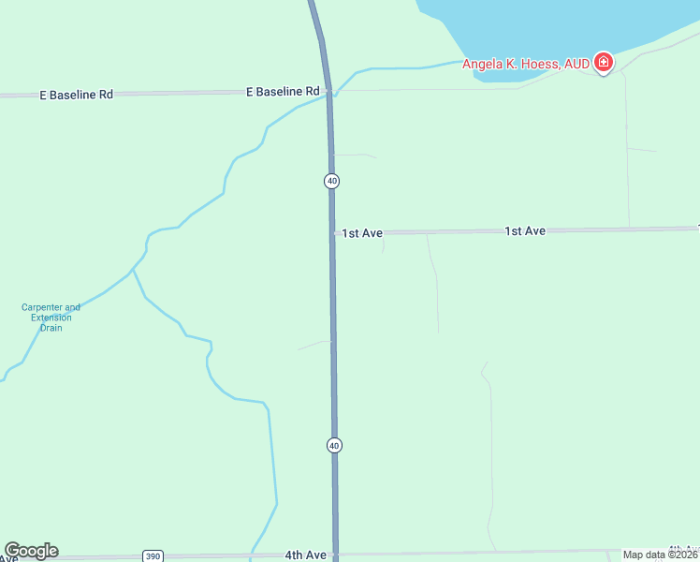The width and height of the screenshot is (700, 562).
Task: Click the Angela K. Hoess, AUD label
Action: tap(525, 64)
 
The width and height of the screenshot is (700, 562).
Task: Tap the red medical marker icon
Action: tap(604, 64)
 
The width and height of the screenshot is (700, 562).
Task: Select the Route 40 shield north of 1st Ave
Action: tap(331, 180)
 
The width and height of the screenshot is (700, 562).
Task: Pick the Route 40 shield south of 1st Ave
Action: tap(334, 445)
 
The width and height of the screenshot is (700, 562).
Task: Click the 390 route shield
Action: tap(153, 556)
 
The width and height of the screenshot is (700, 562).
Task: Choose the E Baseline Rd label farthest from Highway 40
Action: tap(76, 95)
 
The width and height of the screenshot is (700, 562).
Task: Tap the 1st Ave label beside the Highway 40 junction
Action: tap(361, 233)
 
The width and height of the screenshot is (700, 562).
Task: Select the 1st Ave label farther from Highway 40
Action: tap(524, 230)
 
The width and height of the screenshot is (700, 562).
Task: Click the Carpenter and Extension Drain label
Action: tap(51, 318)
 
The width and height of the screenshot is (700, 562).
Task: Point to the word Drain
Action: tap(51, 328)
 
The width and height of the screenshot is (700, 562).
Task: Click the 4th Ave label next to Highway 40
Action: tap(305, 555)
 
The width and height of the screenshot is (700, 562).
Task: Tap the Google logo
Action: tap(31, 551)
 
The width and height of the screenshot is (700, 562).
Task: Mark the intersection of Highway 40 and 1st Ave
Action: tap(332, 232)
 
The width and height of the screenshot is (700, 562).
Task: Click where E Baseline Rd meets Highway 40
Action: tap(328, 91)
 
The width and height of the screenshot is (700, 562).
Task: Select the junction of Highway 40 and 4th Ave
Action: tap(335, 555)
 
